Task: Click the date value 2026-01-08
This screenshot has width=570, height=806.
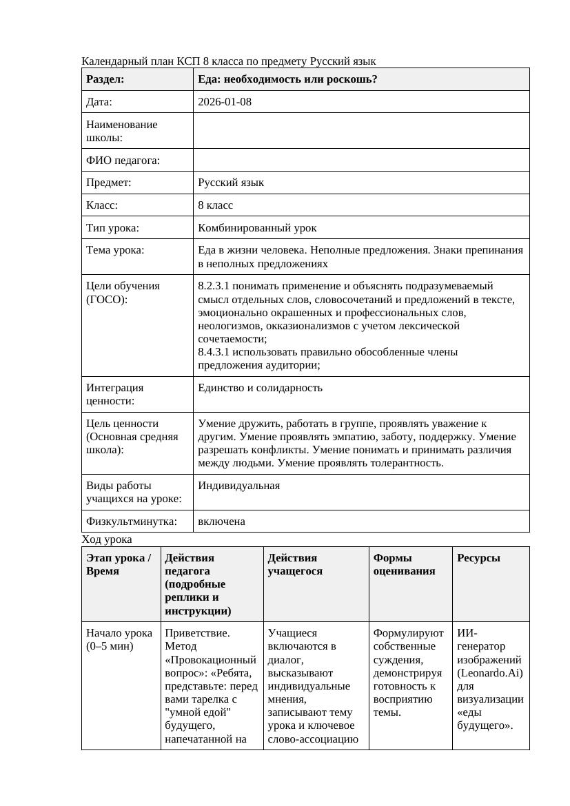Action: [x=224, y=102]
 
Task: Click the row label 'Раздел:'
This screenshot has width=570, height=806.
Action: [x=105, y=79]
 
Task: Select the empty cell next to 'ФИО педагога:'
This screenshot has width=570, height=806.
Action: [x=361, y=161]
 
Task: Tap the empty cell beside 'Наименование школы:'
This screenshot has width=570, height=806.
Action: [x=361, y=131]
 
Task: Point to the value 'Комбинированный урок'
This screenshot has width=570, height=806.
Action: [x=257, y=227]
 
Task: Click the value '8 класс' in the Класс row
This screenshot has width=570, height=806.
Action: [x=215, y=205]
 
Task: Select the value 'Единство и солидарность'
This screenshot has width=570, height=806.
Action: [x=260, y=388]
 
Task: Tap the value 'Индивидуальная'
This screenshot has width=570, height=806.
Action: [x=238, y=486]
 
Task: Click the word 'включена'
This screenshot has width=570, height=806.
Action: [x=221, y=521]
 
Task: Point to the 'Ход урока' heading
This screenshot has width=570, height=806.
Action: [x=106, y=539]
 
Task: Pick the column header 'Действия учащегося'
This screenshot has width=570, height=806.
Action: [x=295, y=564]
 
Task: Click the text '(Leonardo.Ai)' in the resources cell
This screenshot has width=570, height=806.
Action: [x=489, y=672]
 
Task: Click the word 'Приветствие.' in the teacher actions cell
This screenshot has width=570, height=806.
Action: [x=197, y=632]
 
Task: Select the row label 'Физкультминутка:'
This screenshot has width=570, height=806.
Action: [x=129, y=521]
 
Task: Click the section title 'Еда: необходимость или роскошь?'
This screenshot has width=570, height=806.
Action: [x=287, y=79]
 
